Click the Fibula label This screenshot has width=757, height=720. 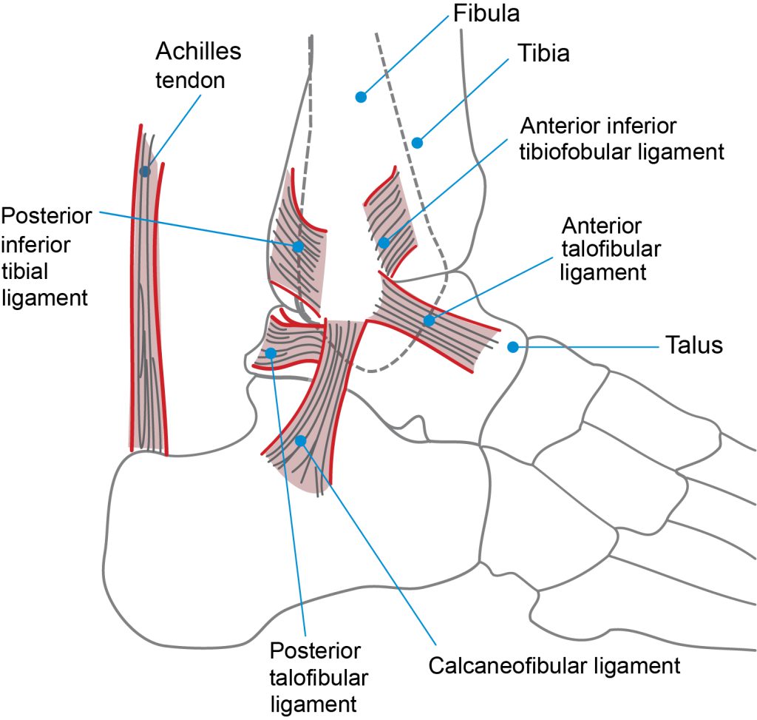coord(486,13)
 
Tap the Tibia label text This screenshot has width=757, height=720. coord(543,53)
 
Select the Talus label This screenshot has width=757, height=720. coord(693,345)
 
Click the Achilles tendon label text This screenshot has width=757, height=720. coord(198,66)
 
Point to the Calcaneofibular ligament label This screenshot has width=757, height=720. coord(554,666)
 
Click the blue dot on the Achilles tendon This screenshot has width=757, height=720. coord(145,172)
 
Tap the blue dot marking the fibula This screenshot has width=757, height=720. coord(361,97)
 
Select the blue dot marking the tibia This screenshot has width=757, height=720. coord(417,143)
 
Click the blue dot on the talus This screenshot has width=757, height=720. coord(513,347)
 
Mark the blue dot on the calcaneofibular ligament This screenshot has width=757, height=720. coord(301,441)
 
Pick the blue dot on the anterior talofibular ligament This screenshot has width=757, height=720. coord(430,320)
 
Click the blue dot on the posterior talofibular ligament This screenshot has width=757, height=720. coord(271,353)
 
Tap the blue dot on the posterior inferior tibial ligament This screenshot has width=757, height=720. coord(298,246)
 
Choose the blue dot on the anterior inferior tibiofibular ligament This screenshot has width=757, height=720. coord(384,243)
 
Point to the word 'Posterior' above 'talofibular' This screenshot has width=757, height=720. coord(315,651)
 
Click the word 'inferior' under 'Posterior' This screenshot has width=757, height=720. coord(35,245)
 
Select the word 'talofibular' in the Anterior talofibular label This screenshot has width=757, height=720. coord(611,249)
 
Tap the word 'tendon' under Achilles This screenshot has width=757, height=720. coord(190,80)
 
